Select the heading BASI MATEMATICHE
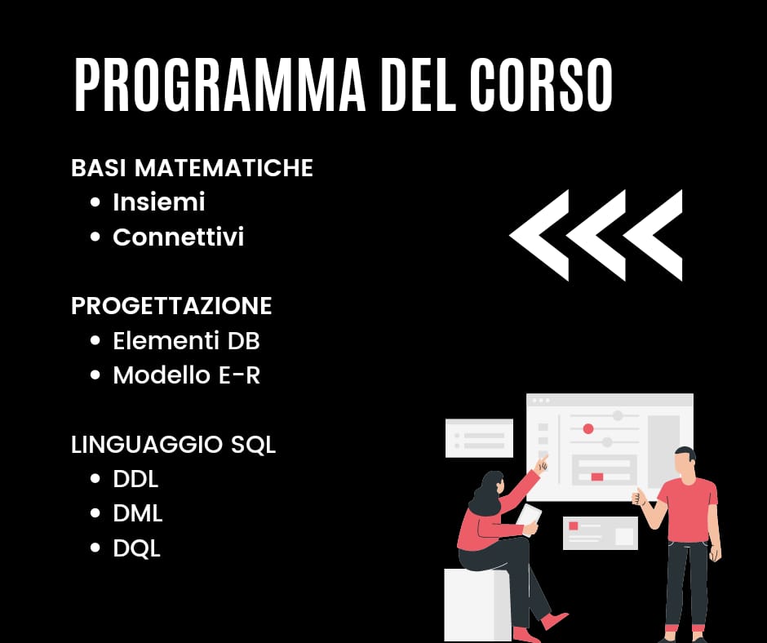click(192, 168)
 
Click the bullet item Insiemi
click(158, 202)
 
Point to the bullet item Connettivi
click(178, 237)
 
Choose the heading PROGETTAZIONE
click(171, 306)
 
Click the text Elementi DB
click(186, 340)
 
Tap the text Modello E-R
click(186, 375)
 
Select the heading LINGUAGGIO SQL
click(173, 445)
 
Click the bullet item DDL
click(135, 479)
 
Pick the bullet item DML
click(137, 513)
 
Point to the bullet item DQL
click(136, 548)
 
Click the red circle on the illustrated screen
click(588, 429)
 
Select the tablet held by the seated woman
click(530, 519)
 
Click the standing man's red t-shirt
click(687, 510)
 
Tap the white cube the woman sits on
click(470, 605)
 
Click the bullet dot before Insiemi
click(95, 202)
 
